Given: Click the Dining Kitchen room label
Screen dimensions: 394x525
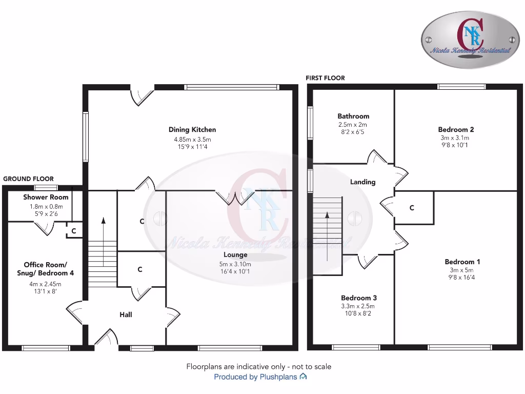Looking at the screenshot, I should [x=192, y=130].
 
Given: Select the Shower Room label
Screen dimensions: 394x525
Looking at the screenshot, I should [x=46, y=197].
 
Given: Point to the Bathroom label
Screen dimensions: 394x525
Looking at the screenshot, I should [x=353, y=116].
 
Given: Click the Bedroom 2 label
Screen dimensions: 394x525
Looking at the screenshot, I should [x=456, y=129].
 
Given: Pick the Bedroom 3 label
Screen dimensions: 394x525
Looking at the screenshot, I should [x=359, y=298].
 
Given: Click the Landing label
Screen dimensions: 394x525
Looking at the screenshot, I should [x=362, y=182].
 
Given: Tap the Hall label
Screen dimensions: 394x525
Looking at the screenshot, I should [x=126, y=314].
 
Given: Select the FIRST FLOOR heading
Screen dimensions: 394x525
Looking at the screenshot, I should [x=325, y=78].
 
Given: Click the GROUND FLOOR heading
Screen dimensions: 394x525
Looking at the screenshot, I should [x=28, y=179].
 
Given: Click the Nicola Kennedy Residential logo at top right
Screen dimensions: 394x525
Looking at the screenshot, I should [x=470, y=40].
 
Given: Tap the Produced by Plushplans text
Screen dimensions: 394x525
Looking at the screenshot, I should [x=260, y=377].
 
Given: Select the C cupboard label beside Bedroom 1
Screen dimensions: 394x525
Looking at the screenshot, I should [x=412, y=208].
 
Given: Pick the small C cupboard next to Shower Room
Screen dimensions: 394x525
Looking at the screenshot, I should [x=74, y=231].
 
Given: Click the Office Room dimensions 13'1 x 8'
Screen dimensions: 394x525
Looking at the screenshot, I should [x=45, y=291].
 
